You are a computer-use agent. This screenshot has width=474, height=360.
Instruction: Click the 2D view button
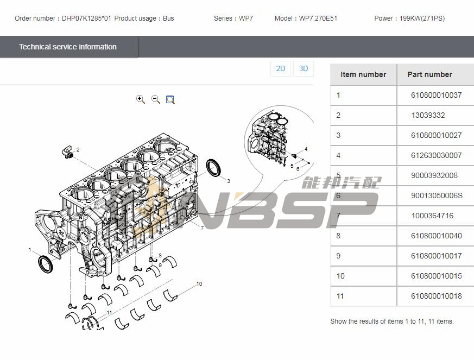tap(281, 68)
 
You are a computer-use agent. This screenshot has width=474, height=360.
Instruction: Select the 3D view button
tap(304, 68)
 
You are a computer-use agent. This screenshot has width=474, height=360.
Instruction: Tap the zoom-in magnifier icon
tap(140, 99)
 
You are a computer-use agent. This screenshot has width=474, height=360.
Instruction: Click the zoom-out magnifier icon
tap(156, 99)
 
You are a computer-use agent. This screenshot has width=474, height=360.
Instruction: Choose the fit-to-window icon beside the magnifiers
tap(170, 99)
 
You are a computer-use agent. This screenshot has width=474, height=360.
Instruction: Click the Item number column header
tap(363, 74)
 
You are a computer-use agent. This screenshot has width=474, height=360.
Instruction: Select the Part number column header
tap(429, 74)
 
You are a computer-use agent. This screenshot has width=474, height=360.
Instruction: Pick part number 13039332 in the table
tap(428, 115)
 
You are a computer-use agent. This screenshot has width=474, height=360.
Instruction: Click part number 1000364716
tap(432, 216)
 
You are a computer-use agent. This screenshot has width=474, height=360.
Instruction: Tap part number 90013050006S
tap(437, 195)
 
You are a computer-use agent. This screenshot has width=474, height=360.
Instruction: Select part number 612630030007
tap(436, 155)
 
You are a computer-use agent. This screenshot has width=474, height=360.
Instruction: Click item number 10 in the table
tap(340, 276)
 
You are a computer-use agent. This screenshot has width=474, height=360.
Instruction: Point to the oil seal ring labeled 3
tap(213, 167)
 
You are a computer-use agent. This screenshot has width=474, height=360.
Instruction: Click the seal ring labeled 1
tap(46, 264)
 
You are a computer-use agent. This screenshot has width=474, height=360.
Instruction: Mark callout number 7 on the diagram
tap(202, 228)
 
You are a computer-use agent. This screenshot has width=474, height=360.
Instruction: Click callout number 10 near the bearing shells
tap(199, 284)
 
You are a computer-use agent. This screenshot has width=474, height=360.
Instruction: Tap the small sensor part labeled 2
tap(68, 151)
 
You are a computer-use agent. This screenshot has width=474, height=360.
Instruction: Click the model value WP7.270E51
tap(318, 18)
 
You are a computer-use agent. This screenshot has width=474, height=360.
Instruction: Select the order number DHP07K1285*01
tap(86, 18)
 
